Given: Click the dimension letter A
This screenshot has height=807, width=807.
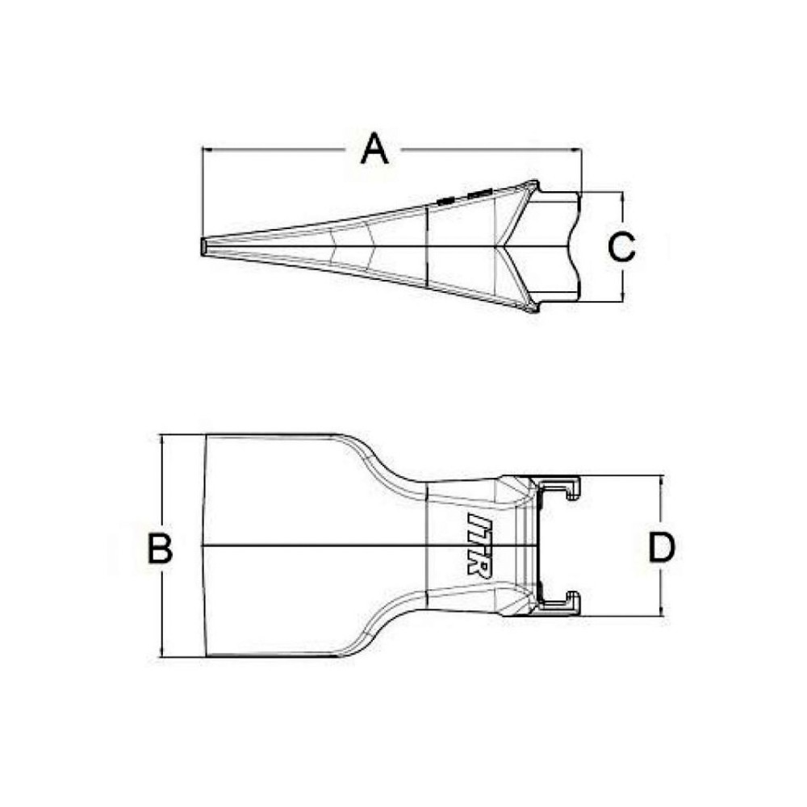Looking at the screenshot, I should (x=374, y=149).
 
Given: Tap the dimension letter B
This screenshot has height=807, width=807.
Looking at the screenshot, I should (x=161, y=549).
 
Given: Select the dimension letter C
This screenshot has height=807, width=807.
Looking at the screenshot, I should (x=621, y=247).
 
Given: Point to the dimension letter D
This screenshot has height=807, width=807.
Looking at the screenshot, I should (x=662, y=549).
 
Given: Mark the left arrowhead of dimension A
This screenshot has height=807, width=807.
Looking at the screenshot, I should (x=205, y=149).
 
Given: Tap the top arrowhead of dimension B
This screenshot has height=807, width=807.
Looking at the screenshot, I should (x=162, y=439).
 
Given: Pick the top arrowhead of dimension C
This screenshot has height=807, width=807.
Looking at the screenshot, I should (x=622, y=196).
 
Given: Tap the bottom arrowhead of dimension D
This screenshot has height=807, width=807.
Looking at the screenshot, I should (x=663, y=613).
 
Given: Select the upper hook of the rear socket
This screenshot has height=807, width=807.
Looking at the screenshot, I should (x=574, y=487).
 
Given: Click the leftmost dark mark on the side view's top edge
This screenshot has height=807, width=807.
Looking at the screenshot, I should (x=444, y=199).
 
